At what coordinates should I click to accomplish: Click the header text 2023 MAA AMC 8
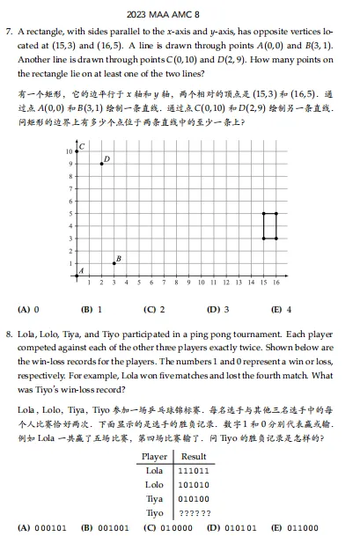(180, 14)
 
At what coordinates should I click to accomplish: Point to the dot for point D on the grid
(101, 164)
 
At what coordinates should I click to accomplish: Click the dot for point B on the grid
(114, 263)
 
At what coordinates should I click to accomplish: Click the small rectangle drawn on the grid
(269, 225)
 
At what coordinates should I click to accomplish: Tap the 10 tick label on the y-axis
(70, 151)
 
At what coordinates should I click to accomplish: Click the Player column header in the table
(154, 457)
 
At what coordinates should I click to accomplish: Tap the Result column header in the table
(193, 457)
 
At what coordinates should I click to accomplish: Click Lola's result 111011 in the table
(193, 471)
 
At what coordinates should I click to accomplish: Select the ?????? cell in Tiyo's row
(193, 512)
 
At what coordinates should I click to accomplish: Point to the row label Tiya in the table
(154, 498)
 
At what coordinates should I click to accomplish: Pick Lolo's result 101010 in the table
(193, 484)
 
